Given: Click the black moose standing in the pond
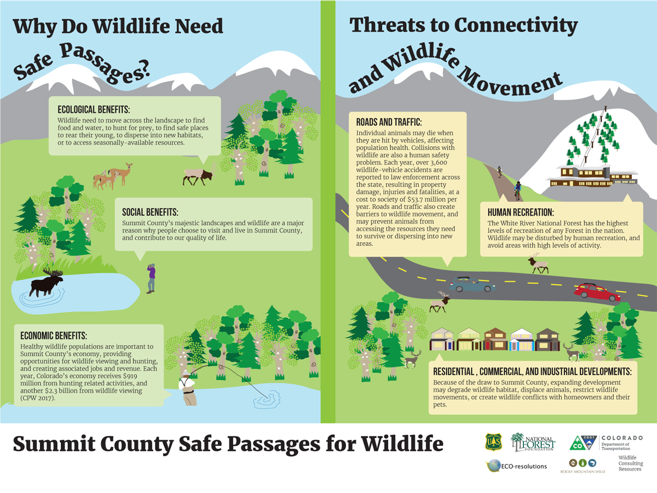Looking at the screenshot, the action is click(x=47, y=283).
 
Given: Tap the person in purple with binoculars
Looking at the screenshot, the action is click(x=152, y=278).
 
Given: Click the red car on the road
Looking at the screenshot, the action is click(x=597, y=293).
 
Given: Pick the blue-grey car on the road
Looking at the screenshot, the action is click(x=472, y=284).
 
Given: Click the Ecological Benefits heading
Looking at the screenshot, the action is click(x=94, y=110).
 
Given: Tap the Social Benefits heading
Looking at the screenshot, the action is click(x=150, y=212).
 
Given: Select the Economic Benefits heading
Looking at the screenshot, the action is click(x=54, y=336).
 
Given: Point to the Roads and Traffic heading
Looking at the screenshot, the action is click(x=389, y=122).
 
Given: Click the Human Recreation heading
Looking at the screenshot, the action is click(x=521, y=212).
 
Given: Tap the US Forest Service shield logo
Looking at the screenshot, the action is click(x=493, y=442).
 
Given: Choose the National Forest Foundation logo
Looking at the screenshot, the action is click(x=533, y=442).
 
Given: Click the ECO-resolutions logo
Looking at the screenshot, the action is click(x=516, y=466).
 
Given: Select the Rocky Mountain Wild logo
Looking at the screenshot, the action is click(x=583, y=466).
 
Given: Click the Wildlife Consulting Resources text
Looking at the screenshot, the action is click(x=631, y=463).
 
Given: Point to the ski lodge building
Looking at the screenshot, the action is click(x=592, y=176).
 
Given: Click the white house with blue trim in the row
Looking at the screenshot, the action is click(x=522, y=340).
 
